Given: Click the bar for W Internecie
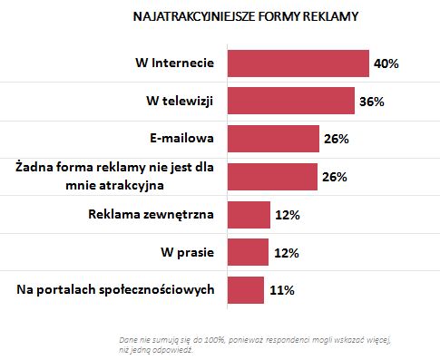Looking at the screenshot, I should pyautogui.click(x=298, y=63).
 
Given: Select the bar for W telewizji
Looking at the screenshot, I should pyautogui.click(x=289, y=101).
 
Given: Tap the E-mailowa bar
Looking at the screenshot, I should pyautogui.click(x=272, y=139).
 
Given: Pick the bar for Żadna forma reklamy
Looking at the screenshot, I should pyautogui.click(x=271, y=177).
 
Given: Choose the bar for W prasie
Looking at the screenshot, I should pyautogui.click(x=248, y=252).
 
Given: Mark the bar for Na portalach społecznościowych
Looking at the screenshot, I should pyautogui.click(x=245, y=290).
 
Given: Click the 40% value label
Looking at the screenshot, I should pyautogui.click(x=386, y=63).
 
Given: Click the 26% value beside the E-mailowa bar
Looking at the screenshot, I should pyautogui.click(x=335, y=139).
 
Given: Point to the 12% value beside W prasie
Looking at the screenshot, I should pyautogui.click(x=286, y=252).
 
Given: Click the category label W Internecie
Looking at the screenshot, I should pyautogui.click(x=171, y=63).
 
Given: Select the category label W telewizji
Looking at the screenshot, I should pyautogui.click(x=175, y=101).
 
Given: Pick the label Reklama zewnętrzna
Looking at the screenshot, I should pyautogui.click(x=151, y=215).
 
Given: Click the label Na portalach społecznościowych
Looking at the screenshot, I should pyautogui.click(x=115, y=290).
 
